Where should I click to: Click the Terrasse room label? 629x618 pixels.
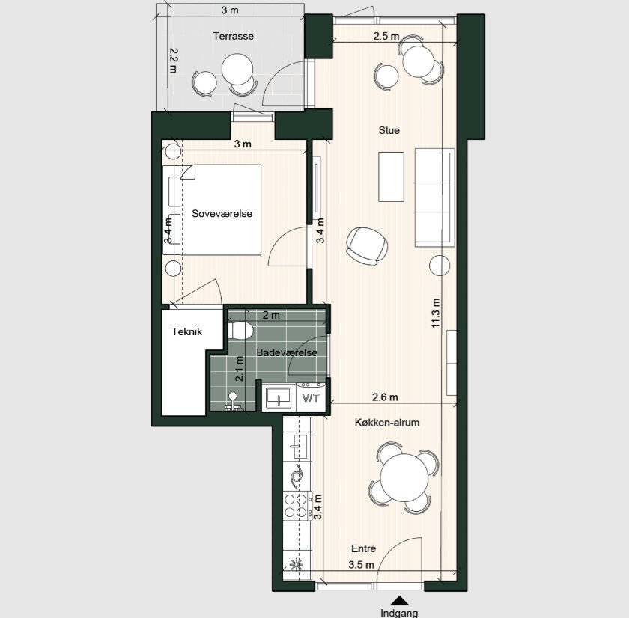(x=233, y=37)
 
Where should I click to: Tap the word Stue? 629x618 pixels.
(x=389, y=130)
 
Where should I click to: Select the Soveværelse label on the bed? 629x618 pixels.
(x=222, y=214)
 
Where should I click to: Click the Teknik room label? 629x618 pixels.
(x=186, y=331)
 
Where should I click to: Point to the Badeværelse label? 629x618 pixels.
(x=286, y=352)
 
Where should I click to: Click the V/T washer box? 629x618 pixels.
(x=311, y=397)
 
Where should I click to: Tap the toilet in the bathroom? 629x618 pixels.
(x=240, y=331)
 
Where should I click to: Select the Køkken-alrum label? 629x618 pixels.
(x=387, y=423)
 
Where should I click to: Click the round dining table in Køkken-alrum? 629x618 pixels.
(x=404, y=477)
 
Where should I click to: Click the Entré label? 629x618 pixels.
(x=363, y=548)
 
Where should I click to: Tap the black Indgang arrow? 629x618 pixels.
(x=399, y=600)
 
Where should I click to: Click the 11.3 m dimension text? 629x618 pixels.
(x=436, y=313)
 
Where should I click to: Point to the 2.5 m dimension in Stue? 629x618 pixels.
(x=386, y=36)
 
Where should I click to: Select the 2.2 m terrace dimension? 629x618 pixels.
(x=173, y=61)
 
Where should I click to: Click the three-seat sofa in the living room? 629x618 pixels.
(x=434, y=198)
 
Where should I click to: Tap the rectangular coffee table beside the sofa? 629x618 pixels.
(x=391, y=177)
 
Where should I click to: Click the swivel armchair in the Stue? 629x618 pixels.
(x=367, y=246)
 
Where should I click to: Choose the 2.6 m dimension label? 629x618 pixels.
(x=385, y=397)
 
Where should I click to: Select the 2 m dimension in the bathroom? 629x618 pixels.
(x=271, y=316)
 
